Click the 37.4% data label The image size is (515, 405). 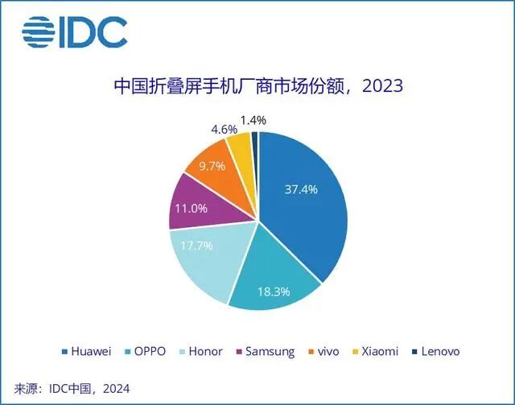pos(302,190)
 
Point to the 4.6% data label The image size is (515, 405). pos(221,129)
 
